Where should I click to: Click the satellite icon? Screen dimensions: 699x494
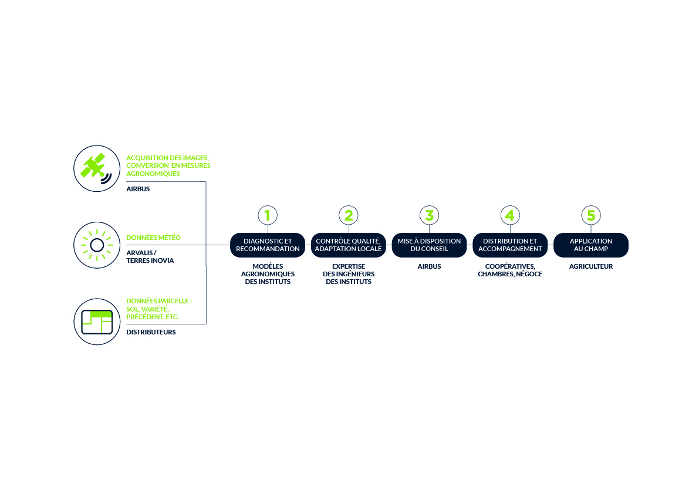coord(97,168)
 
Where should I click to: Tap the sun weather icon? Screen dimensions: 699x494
coord(97,245)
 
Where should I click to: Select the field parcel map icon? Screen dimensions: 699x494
coord(97,322)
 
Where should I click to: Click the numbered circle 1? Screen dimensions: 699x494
coord(268,215)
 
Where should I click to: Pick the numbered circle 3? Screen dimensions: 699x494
coord(429,215)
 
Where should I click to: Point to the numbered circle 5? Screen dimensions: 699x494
coord(591,215)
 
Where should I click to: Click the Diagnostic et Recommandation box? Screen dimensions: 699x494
coord(268,245)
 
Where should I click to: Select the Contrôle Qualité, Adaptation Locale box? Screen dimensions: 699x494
coord(349,245)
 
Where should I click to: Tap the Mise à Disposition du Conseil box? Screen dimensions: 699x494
coord(429,245)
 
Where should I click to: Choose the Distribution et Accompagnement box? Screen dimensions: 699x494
coord(510,245)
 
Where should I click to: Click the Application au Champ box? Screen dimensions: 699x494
coord(591,245)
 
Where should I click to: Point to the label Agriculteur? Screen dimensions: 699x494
coord(591,266)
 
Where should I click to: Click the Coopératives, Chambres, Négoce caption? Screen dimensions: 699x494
coord(510,270)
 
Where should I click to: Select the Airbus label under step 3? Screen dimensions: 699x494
coord(429,266)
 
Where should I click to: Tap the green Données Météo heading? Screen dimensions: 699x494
coord(153,238)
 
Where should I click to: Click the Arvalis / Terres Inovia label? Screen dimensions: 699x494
coord(150,256)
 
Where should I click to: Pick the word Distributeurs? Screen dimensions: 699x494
coord(151,332)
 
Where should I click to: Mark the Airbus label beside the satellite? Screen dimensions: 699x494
coord(138,189)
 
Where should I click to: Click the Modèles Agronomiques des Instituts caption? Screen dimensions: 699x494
coord(268,274)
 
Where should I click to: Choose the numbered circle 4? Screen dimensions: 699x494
coord(510,215)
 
